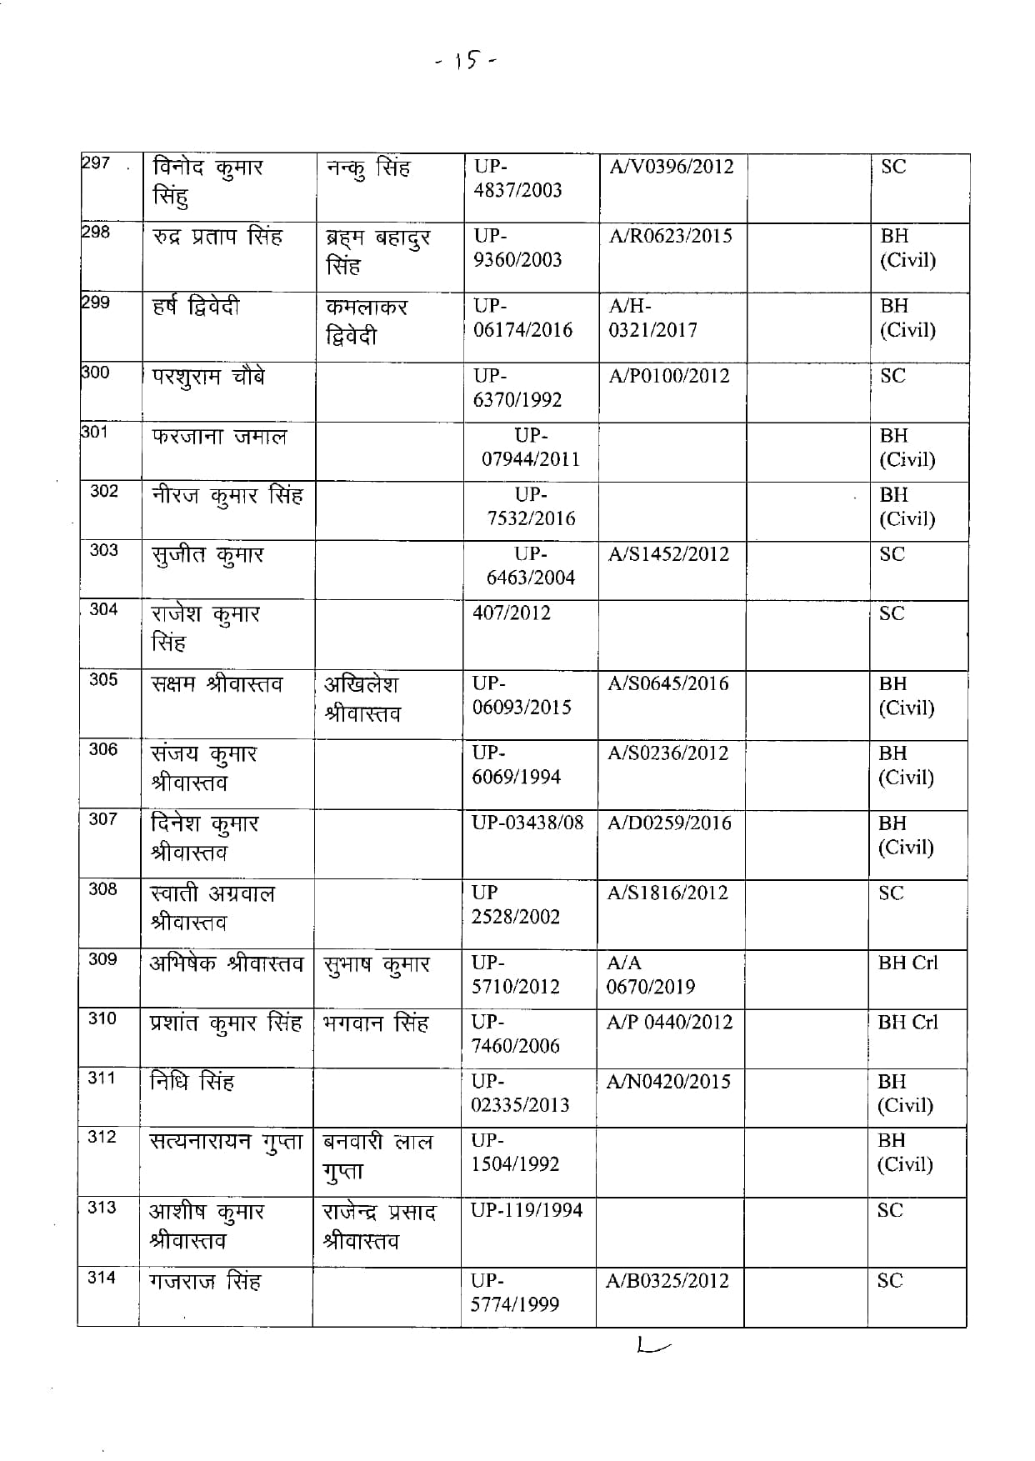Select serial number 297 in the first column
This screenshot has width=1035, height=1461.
[96, 163]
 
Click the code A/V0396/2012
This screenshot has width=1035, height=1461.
[671, 167]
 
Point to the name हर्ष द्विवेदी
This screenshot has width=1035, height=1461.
[196, 308]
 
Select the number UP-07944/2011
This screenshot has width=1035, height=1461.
[530, 448]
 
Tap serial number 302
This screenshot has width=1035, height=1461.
[104, 491]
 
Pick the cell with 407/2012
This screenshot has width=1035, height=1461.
[511, 613]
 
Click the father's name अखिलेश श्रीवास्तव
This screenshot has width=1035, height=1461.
[362, 698]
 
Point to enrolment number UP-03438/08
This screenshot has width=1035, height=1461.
[527, 823]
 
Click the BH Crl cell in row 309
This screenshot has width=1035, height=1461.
[907, 963]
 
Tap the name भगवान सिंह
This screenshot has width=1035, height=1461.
[375, 1023]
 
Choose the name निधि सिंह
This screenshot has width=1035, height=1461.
[192, 1083]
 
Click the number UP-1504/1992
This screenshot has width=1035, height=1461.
[515, 1153]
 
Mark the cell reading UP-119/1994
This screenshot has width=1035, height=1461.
[527, 1210]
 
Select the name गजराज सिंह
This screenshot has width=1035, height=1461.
[205, 1280]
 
